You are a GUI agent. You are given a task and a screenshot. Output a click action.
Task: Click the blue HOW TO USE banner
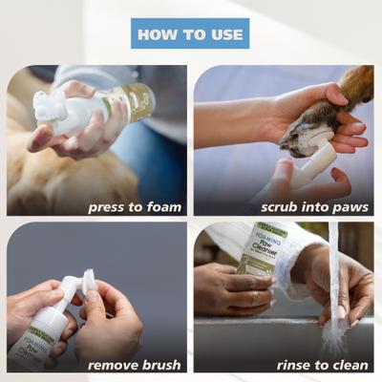click(190, 33)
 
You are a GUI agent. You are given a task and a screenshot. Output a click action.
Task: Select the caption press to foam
click(135, 206)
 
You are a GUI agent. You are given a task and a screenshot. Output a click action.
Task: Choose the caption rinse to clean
click(322, 364)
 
